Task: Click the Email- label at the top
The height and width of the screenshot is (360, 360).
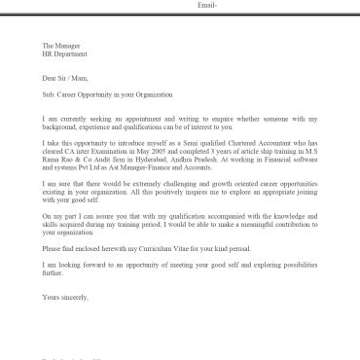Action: click(x=207, y=5)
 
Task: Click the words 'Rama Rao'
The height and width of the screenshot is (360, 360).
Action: click(x=61, y=158)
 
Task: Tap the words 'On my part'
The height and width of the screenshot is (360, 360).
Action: click(x=60, y=214)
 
